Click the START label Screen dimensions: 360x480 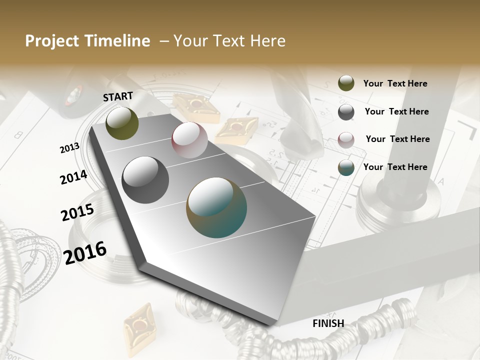pyautogui.click(x=118, y=96)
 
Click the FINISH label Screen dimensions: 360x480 pyautogui.click(x=328, y=323)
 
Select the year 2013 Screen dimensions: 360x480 pyautogui.click(x=69, y=148)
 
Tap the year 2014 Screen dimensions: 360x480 pyautogui.click(x=73, y=177)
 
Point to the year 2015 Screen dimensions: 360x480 pyautogui.click(x=77, y=212)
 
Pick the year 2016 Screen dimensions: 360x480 pyautogui.click(x=85, y=252)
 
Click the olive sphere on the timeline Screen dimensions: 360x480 pyautogui.click(x=122, y=123)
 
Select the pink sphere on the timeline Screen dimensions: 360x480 pyautogui.click(x=189, y=140)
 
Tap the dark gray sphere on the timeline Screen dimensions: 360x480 pyautogui.click(x=145, y=180)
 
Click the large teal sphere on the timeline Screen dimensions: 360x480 pyautogui.click(x=216, y=207)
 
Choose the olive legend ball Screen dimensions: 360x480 pyautogui.click(x=346, y=83)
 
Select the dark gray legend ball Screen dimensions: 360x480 pyautogui.click(x=346, y=112)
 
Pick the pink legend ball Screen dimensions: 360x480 pyautogui.click(x=346, y=140)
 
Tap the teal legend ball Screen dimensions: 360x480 pyautogui.click(x=346, y=167)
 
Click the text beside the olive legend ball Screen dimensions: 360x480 pyautogui.click(x=395, y=83)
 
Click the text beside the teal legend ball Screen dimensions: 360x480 pyautogui.click(x=395, y=167)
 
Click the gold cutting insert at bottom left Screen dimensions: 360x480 pyautogui.click(x=139, y=328)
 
